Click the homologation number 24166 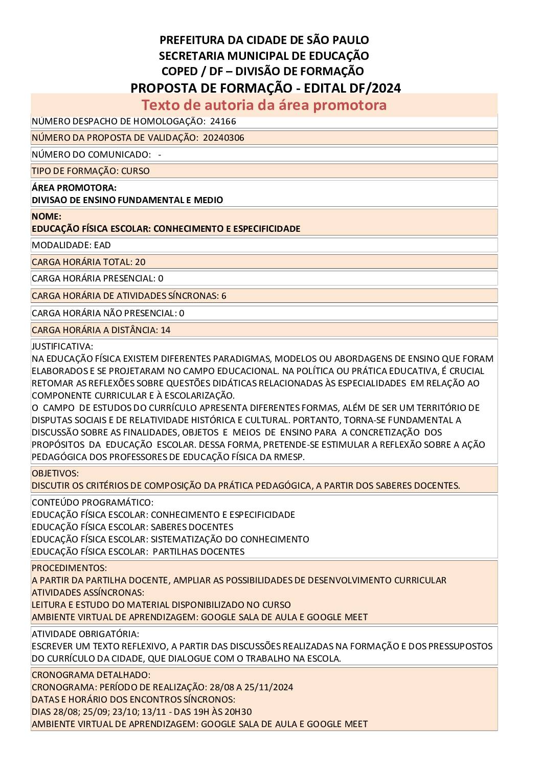pos(223,121)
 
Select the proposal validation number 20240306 pos(223,138)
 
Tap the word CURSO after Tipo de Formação pos(136,171)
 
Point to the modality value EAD pos(102,245)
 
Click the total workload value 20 pos(140,262)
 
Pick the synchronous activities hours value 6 pos(224,296)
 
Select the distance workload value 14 pos(166,330)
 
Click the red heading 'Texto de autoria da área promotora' pos(264,105)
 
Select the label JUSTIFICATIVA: pos(62,346)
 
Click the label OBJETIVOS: pos(55,473)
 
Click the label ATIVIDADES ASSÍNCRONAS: pos(88,593)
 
